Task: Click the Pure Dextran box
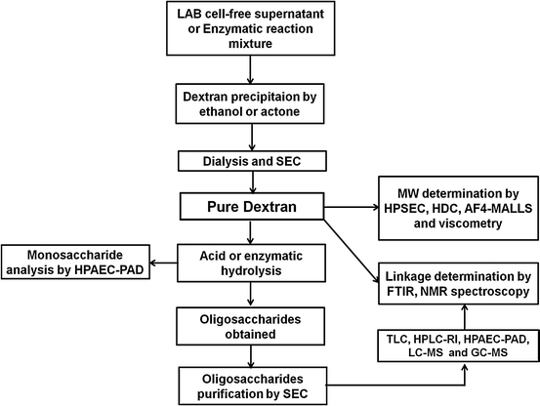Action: coord(252,206)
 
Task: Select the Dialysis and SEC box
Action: coord(252,161)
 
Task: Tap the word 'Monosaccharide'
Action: coord(75,255)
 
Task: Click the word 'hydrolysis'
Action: coord(251,270)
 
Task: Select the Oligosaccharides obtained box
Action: coord(251,326)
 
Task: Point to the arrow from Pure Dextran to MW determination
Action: coord(352,207)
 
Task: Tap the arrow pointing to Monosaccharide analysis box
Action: coord(164,264)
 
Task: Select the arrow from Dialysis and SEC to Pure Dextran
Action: coord(253,183)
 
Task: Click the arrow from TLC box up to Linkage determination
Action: coord(465,317)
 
